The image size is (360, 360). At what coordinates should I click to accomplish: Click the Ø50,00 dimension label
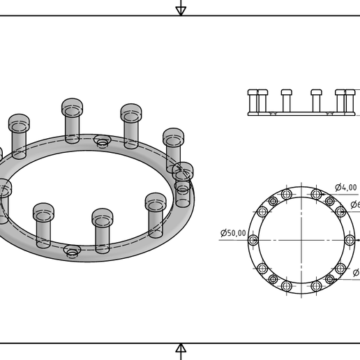(232, 233)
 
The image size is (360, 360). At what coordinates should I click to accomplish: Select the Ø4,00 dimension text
(346, 187)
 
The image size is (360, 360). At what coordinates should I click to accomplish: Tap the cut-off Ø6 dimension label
(354, 204)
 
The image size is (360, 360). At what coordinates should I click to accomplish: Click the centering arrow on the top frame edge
(181, 8)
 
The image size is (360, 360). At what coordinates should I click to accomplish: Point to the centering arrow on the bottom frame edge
(181, 350)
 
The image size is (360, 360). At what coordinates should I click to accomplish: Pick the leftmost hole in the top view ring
(253, 240)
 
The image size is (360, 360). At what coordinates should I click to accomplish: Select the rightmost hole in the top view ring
(350, 240)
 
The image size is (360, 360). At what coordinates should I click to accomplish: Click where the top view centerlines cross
(301, 240)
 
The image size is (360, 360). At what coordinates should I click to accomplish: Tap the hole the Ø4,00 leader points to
(316, 194)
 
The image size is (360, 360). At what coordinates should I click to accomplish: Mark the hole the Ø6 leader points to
(340, 212)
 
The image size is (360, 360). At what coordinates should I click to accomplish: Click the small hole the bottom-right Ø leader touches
(330, 280)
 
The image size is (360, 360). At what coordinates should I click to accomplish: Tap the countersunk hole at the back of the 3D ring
(103, 142)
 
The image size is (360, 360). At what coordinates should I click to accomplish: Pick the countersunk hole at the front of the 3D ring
(72, 250)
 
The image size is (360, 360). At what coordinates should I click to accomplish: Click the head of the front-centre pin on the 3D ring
(103, 217)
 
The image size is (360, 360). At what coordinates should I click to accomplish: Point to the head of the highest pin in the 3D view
(72, 107)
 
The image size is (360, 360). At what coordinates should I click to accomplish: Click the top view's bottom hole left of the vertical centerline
(287, 286)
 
